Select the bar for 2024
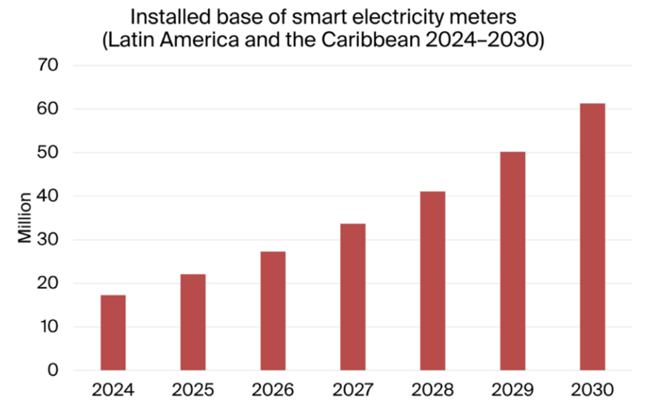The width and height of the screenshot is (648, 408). click(113, 332)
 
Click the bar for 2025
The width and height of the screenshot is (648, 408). click(193, 322)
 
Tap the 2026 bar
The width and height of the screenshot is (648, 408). click(273, 311)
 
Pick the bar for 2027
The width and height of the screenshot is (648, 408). click(353, 297)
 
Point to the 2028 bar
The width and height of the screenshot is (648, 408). click(433, 280)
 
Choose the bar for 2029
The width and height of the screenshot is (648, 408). click(513, 261)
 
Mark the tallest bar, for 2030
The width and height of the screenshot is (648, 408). click(592, 237)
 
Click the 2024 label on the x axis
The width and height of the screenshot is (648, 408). click(113, 391)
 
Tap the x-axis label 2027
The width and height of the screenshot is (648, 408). click(353, 391)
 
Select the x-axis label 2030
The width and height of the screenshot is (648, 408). click(592, 391)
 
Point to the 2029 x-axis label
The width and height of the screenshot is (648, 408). click(513, 391)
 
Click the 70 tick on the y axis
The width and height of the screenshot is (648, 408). click(49, 65)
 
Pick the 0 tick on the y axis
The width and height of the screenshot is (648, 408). click(53, 370)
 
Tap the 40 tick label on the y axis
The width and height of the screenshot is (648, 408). click(49, 196)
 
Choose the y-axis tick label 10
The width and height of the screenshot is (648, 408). click(49, 327)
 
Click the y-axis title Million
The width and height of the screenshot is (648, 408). click(25, 218)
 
